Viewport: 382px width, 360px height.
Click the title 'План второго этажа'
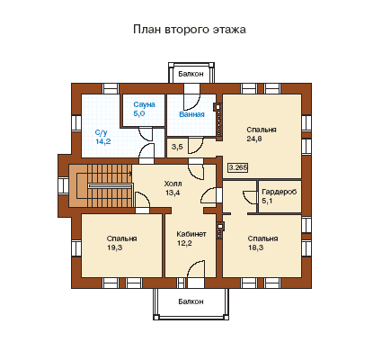(x=190, y=30)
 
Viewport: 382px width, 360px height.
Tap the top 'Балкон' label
(x=191, y=74)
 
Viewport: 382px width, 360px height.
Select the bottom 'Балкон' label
(x=191, y=301)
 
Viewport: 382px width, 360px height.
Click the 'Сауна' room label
(x=144, y=104)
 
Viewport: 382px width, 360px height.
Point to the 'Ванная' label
(x=191, y=114)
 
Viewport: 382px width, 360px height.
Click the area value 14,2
(x=103, y=141)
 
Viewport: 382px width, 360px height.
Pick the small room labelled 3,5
(x=177, y=147)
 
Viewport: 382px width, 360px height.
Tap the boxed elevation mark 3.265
(x=238, y=167)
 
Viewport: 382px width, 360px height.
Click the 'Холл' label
(x=173, y=184)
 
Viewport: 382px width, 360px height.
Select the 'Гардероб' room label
(x=280, y=192)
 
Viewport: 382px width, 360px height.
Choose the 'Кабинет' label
(x=191, y=234)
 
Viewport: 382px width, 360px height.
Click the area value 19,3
(x=114, y=247)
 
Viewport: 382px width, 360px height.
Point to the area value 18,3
(x=255, y=247)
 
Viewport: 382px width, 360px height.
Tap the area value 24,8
(x=254, y=139)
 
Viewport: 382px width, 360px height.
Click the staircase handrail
(x=110, y=186)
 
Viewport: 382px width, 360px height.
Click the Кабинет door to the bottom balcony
(x=196, y=268)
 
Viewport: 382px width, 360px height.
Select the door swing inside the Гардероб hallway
(x=249, y=197)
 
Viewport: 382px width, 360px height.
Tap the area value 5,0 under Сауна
(x=139, y=113)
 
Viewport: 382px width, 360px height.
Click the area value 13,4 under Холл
(x=173, y=193)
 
